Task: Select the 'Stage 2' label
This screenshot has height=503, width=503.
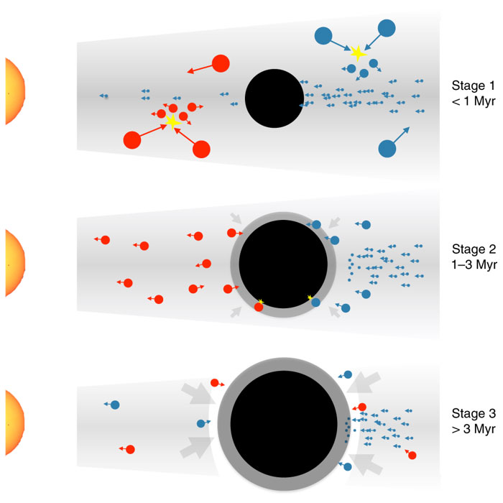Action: (474, 250)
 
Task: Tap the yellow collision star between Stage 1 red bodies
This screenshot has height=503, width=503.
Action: (172, 121)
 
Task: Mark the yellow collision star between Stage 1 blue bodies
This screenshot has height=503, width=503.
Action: (357, 52)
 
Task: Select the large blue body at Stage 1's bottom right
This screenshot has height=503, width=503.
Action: (387, 148)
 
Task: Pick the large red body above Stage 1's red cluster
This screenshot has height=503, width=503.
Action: (221, 63)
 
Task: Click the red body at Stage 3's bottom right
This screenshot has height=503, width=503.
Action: (411, 455)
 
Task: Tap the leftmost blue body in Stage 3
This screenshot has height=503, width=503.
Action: (115, 405)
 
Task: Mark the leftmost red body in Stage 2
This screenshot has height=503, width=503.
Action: (105, 240)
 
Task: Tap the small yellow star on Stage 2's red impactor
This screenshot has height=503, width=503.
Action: (261, 302)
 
